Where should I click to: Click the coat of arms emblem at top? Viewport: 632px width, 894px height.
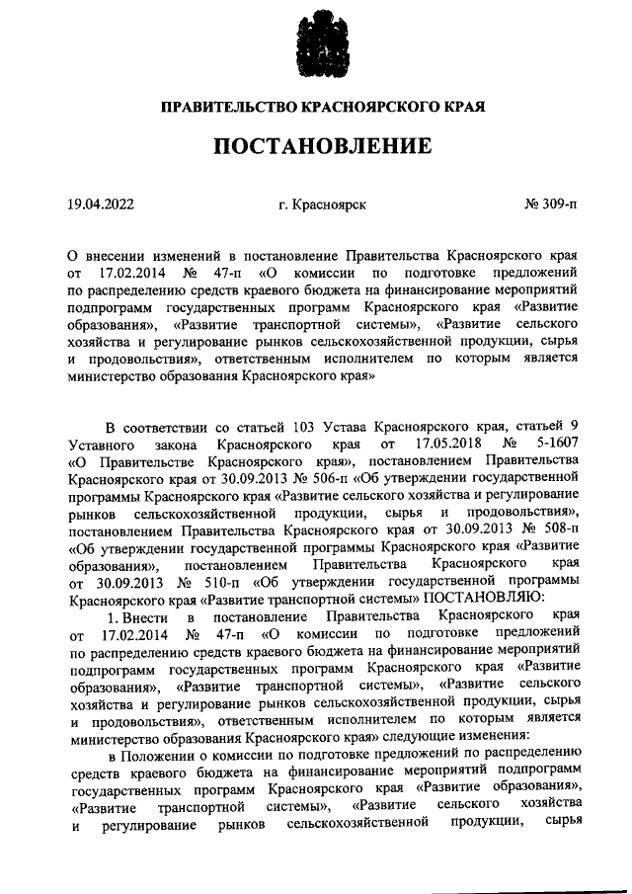coord(317,43)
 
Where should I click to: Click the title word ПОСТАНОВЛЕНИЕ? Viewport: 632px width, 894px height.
coord(317,146)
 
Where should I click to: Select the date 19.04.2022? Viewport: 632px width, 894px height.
coord(101,204)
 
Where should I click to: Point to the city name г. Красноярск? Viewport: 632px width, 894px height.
coord(322,204)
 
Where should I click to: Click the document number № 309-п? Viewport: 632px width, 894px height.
coord(550,204)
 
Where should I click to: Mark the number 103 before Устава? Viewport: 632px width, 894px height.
coord(310,428)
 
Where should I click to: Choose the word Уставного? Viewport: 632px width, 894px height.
coord(104,445)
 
